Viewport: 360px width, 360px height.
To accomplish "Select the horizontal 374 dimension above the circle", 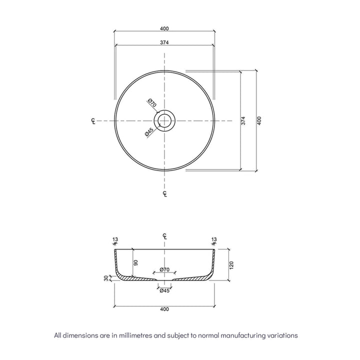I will pos(164,42).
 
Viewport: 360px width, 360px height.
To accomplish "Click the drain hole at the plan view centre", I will pos(164,120).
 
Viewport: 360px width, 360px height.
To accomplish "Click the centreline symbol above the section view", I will pos(164,236).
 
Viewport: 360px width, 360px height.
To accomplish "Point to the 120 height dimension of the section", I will pos(231,264).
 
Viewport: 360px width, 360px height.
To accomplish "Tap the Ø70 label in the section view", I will pos(165,270).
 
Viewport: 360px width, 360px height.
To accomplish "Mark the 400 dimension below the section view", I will pos(164,309).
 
